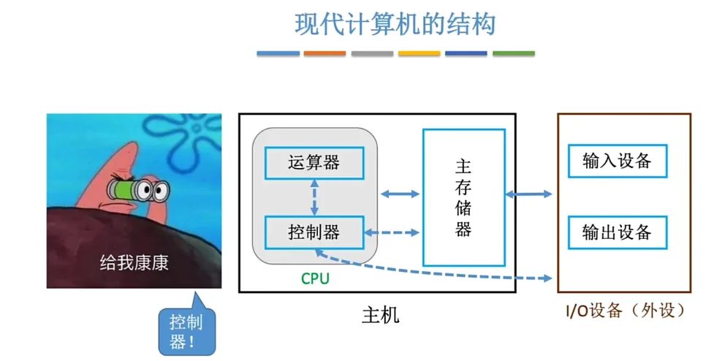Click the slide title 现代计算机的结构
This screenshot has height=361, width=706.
point(395,24)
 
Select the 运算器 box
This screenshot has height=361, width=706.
point(314,162)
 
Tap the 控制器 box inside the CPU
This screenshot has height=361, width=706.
point(314,233)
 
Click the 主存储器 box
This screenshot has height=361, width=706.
point(463,197)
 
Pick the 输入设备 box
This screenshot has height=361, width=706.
point(617,161)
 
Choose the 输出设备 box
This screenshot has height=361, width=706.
point(617,233)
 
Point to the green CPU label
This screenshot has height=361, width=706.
point(315,278)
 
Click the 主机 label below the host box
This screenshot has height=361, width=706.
point(381,316)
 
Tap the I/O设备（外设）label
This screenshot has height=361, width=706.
point(626,311)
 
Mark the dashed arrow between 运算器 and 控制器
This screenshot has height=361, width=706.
point(314,197)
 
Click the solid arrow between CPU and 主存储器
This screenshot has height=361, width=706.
point(401,194)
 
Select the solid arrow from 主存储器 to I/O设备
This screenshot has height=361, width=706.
point(529,194)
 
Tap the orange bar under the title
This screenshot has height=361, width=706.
point(324,53)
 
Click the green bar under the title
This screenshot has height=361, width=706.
point(513,53)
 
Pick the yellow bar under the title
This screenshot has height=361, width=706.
point(419,53)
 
